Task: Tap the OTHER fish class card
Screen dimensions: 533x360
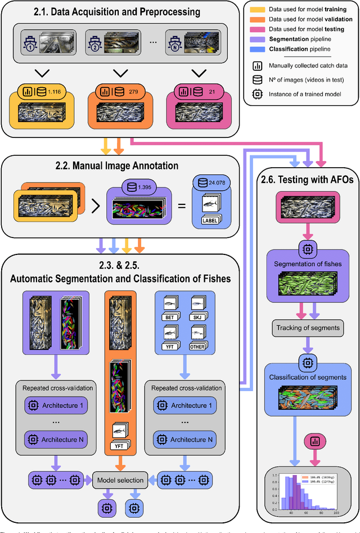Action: coord(198,346)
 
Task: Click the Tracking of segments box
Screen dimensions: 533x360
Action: coord(307,328)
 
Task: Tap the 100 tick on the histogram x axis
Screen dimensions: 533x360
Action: coord(336,514)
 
